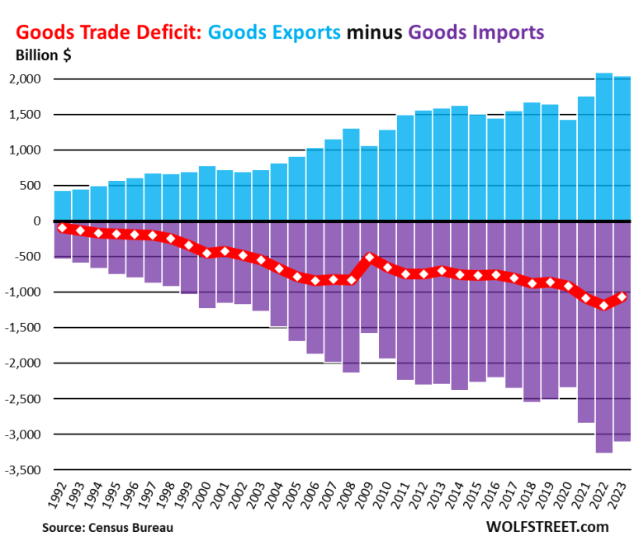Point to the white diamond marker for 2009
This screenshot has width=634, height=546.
pos(370,258)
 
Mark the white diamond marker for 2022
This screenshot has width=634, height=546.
pos(604,306)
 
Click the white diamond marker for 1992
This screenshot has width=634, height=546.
pos(63,228)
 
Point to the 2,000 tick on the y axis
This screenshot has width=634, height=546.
pos(31,79)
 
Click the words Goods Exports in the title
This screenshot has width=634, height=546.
pos(275,33)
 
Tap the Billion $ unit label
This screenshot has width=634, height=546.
pos(46,55)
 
